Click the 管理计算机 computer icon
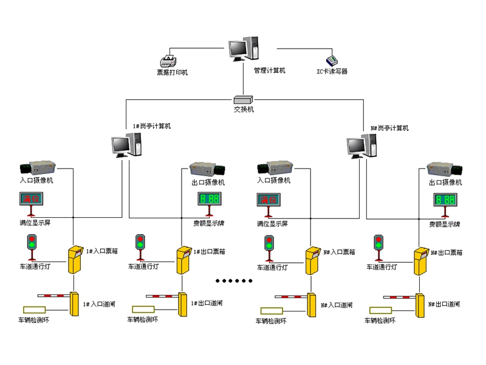(x=244, y=49)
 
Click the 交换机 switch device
(x=244, y=99)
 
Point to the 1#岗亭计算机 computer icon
(x=126, y=145)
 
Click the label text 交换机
(x=244, y=109)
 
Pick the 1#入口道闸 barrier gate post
(x=75, y=304)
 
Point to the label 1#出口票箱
(x=210, y=251)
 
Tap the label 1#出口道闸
(x=207, y=303)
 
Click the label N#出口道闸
(x=443, y=304)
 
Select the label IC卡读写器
(x=332, y=72)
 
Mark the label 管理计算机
(x=269, y=71)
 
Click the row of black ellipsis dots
(x=234, y=280)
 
